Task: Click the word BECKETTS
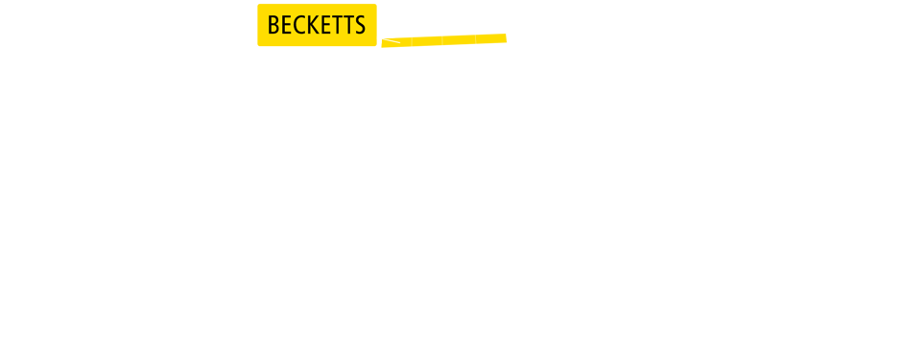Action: (x=317, y=25)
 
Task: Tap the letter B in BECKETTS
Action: (x=273, y=26)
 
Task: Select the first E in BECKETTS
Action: (x=285, y=26)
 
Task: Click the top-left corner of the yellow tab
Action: (x=259, y=5)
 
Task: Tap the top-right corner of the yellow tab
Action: (x=375, y=5)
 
